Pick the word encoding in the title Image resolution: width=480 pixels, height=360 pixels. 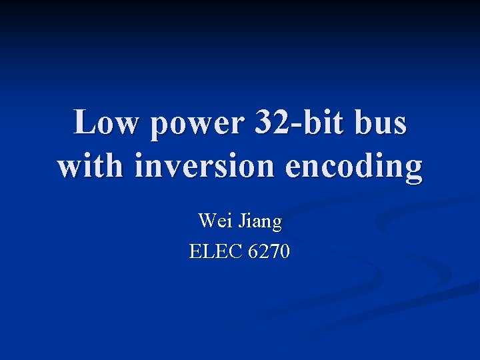(x=354, y=167)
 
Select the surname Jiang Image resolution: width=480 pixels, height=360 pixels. (x=259, y=221)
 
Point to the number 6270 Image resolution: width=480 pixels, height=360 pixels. (x=268, y=252)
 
